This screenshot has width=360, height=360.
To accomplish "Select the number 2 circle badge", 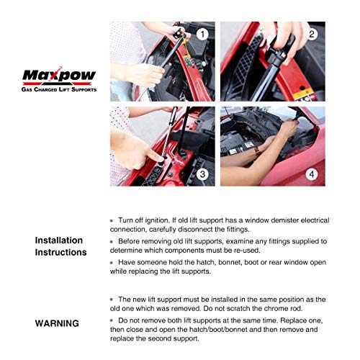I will (312, 34).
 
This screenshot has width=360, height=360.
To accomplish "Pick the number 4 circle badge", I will (312, 174).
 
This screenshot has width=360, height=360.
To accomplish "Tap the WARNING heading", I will (57, 323).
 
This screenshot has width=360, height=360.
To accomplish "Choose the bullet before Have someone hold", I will (112, 263).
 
